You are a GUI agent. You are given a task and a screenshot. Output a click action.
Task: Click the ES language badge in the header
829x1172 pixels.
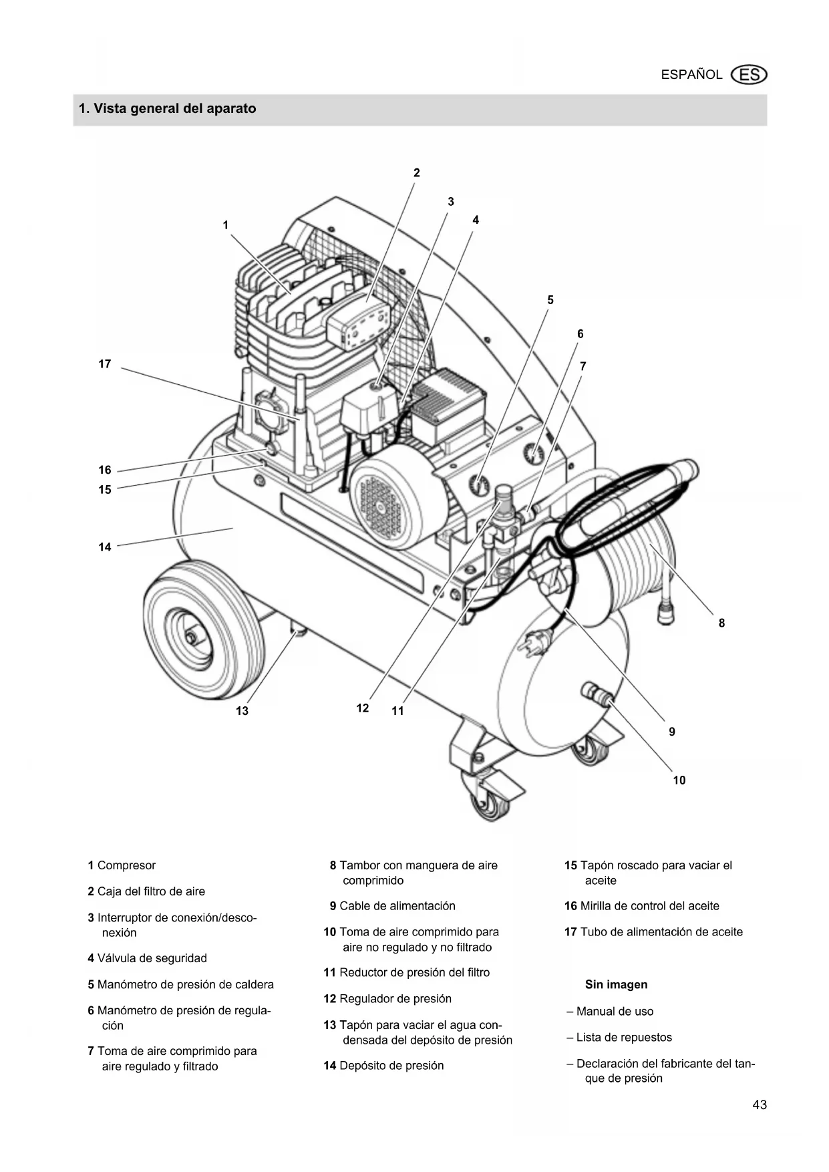pyautogui.click(x=749, y=75)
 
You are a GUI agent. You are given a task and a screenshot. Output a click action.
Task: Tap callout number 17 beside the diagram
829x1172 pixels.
pyautogui.click(x=105, y=364)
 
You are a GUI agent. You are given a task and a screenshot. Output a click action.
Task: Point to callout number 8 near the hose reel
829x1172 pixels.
pyautogui.click(x=721, y=623)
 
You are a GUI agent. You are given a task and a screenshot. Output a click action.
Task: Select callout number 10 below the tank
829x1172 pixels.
pyautogui.click(x=679, y=780)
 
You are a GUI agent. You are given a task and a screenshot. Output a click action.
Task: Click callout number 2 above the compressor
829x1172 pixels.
pyautogui.click(x=417, y=172)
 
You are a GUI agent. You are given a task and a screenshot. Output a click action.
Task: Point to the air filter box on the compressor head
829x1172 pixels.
pyautogui.click(x=358, y=321)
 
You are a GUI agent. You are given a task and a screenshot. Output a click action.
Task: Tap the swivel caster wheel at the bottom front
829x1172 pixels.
pyautogui.click(x=490, y=798)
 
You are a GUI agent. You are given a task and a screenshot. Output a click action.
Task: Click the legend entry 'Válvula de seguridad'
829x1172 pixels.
pyautogui.click(x=147, y=958)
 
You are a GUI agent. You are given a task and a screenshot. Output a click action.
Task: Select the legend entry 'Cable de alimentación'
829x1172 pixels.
pyautogui.click(x=393, y=906)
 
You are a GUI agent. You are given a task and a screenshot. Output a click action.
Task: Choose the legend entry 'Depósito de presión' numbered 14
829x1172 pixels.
pyautogui.click(x=383, y=1066)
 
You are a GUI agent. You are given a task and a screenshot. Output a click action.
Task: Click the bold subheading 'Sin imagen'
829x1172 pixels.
pyautogui.click(x=616, y=984)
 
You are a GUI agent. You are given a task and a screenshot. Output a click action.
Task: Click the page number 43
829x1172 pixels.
pyautogui.click(x=760, y=1105)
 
